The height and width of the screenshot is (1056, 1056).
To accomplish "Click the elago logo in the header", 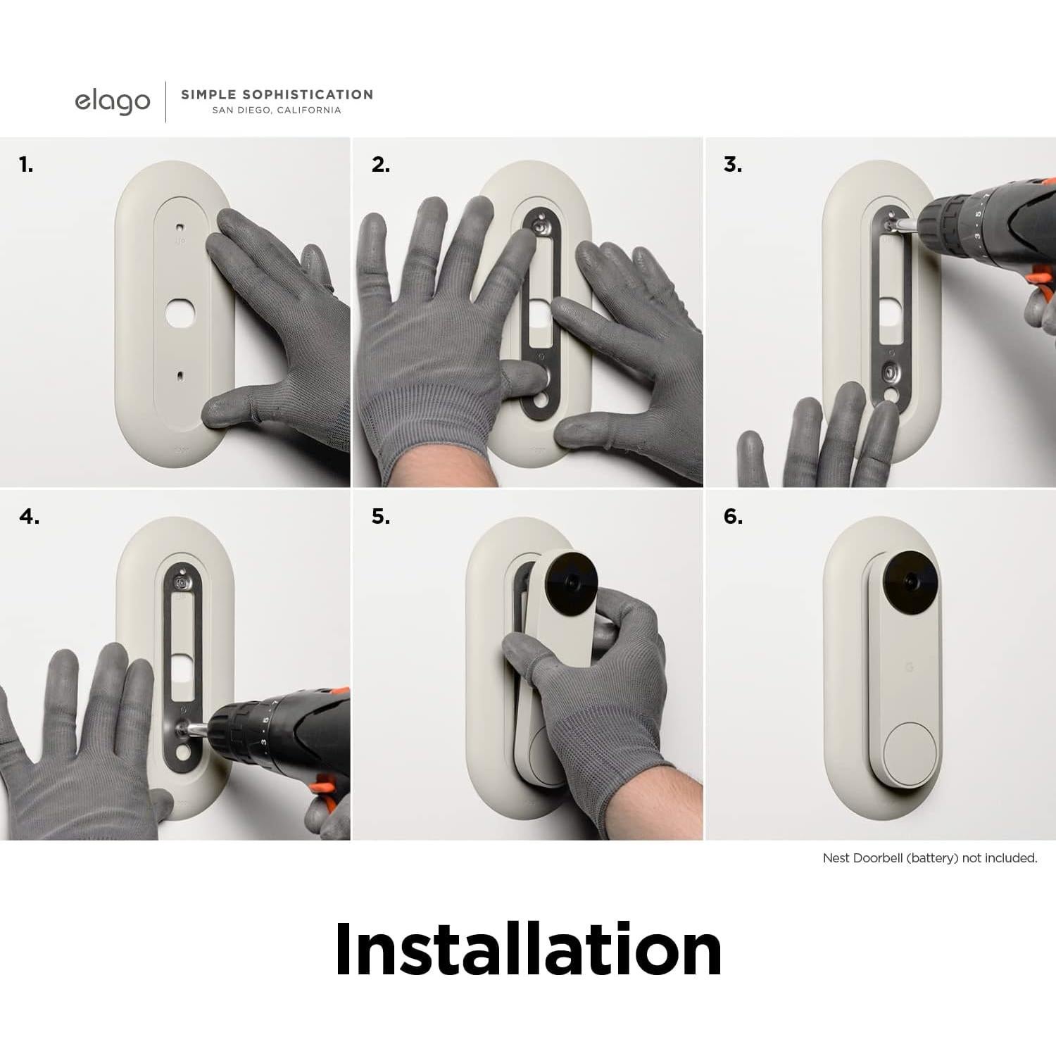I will [113, 102].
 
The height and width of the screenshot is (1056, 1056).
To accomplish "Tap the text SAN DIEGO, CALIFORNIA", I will [276, 111].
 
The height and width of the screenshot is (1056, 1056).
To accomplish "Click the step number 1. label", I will [26, 165].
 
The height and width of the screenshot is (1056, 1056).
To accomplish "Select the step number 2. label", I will [381, 165].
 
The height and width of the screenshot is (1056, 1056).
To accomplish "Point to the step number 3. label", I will [733, 165].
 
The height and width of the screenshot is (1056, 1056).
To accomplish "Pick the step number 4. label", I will [30, 517].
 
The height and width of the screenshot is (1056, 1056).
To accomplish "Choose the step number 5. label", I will [381, 517].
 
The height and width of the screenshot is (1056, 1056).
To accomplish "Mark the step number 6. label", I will [733, 517].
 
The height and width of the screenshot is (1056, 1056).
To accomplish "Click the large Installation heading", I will [528, 950].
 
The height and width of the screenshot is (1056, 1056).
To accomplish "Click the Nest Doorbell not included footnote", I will [929, 858].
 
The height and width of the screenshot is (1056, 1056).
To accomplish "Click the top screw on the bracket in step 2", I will [541, 227].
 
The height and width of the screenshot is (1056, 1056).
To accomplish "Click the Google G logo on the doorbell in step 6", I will [908, 667].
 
